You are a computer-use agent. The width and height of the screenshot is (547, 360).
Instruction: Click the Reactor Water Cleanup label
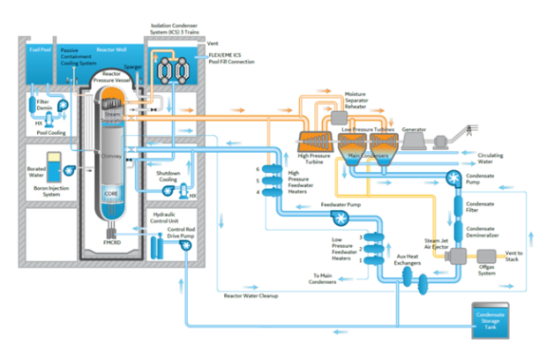pos(251,296)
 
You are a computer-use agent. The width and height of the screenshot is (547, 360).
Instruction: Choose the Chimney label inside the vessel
pos(111,156)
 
